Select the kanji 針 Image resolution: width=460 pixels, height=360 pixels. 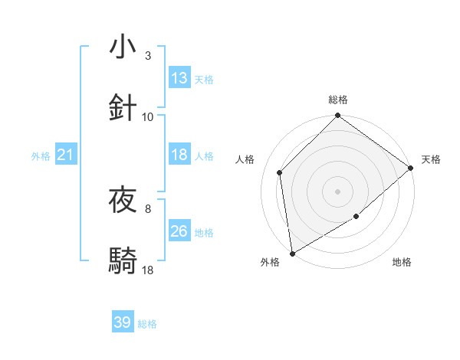click(x=123, y=107)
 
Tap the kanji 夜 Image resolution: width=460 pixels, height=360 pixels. click(x=123, y=200)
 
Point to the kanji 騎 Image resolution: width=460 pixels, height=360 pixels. click(x=123, y=261)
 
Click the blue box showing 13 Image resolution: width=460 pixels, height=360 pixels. click(x=179, y=78)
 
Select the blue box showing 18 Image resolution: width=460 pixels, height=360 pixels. click(x=179, y=155)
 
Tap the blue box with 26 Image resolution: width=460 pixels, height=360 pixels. click(x=179, y=231)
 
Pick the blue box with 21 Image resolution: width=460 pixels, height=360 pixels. click(x=66, y=155)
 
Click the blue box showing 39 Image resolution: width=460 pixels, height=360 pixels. click(x=123, y=322)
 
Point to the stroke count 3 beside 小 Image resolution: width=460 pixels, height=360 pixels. click(x=148, y=55)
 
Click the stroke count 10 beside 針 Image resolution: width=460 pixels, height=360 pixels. click(x=148, y=116)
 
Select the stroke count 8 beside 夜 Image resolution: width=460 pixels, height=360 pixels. click(x=148, y=208)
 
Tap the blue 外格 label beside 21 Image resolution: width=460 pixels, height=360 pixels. click(x=41, y=156)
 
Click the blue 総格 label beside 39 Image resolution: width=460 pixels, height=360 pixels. click(x=147, y=324)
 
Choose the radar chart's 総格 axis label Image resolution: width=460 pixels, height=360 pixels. click(x=338, y=100)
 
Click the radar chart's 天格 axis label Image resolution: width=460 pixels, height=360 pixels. click(x=431, y=159)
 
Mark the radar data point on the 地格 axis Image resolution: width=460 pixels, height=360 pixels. click(x=356, y=217)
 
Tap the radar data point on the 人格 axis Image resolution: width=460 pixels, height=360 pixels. click(x=280, y=172)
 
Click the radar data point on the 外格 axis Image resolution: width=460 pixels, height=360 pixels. click(x=292, y=253)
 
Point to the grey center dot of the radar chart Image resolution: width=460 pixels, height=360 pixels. click(x=338, y=191)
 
